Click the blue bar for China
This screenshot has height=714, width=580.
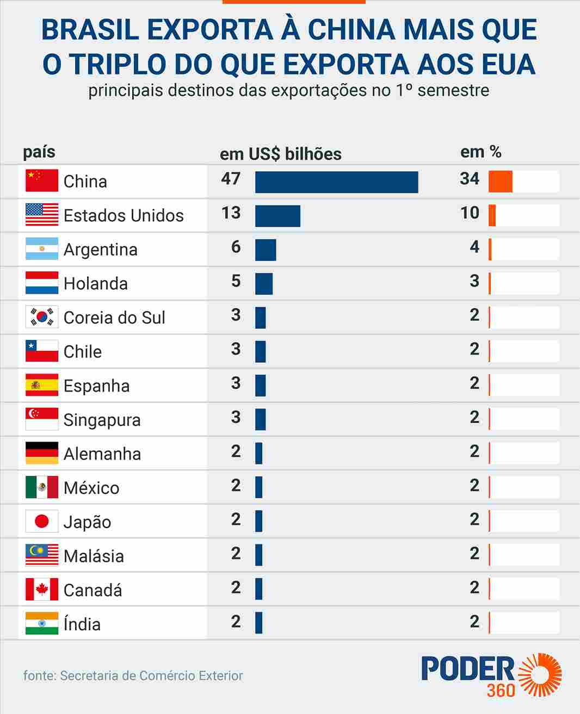(x=336, y=182)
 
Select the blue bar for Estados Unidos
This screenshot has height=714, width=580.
(x=277, y=216)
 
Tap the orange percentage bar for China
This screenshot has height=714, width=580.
(x=501, y=182)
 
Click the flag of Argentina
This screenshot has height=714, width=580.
(x=42, y=249)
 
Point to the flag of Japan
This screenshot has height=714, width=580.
(x=42, y=521)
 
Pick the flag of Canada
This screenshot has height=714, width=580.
(x=42, y=589)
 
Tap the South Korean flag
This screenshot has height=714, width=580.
(x=42, y=317)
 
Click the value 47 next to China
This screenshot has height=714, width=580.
(x=231, y=178)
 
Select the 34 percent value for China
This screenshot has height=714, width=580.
(x=470, y=178)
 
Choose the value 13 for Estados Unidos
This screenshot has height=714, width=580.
(x=231, y=213)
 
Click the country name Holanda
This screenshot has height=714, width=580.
(x=96, y=283)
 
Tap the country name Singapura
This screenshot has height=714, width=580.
(x=102, y=420)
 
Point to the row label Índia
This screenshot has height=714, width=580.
(x=82, y=624)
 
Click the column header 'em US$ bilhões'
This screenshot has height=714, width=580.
(x=281, y=154)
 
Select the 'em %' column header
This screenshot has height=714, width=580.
(x=481, y=152)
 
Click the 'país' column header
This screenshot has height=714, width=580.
(x=39, y=152)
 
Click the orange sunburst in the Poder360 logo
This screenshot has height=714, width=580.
(x=541, y=675)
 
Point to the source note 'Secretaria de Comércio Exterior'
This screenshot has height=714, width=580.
(x=151, y=675)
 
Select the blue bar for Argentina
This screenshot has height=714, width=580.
(x=266, y=250)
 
